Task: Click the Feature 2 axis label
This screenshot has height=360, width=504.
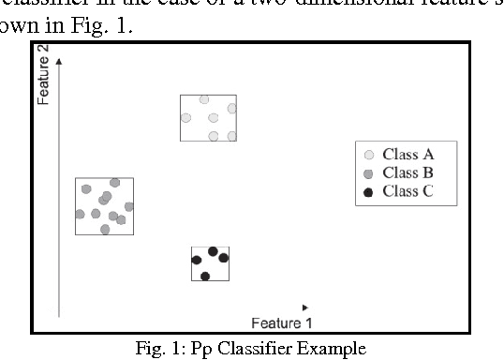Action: pos(43,82)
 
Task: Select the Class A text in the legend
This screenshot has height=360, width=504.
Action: pos(408,154)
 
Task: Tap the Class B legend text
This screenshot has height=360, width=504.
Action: pos(408,172)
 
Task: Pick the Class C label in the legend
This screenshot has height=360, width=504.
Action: pos(408,192)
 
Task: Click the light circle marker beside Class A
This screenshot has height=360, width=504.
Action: pos(369,155)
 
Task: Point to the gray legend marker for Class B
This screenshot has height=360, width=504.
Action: pos(369,173)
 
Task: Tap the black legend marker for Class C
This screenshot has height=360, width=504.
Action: pos(369,193)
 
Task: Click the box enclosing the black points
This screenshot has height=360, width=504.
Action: pos(210,263)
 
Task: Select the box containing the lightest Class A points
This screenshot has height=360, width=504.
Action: pos(208,117)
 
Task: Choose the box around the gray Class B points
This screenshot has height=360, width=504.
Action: pos(104,205)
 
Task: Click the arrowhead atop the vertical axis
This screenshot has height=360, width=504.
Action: pos(60,60)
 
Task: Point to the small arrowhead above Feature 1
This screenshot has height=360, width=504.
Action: pos(305,307)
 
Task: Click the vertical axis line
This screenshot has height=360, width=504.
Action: pos(60,187)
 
